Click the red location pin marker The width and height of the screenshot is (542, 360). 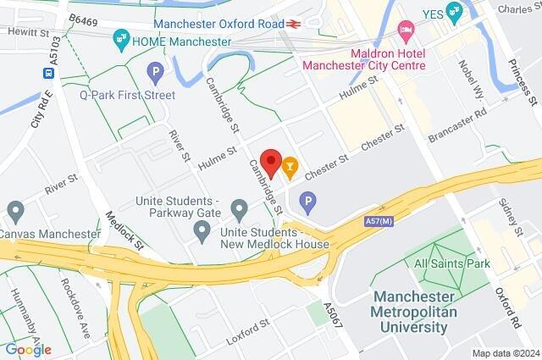[271, 161]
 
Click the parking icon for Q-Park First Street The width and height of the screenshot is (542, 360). [154, 74]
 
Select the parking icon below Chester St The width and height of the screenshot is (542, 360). [308, 202]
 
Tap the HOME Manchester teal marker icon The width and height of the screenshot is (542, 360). [122, 39]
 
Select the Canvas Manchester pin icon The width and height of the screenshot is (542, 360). [15, 210]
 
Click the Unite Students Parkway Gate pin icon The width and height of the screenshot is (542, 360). [239, 208]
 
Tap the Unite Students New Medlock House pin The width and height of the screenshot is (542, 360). [202, 231]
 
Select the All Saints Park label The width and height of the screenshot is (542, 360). [452, 264]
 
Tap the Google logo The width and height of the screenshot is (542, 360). [28, 349]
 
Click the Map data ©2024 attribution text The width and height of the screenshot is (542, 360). [505, 352]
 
